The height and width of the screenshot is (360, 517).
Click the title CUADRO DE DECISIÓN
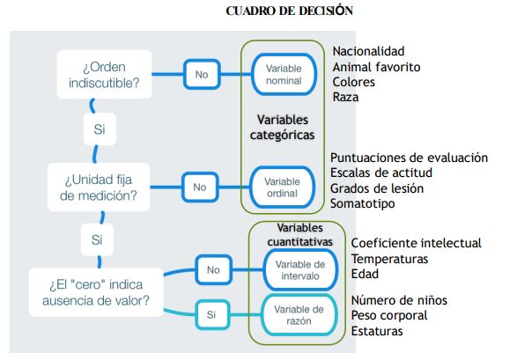[x=289, y=11]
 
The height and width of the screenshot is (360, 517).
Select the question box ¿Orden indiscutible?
[x=104, y=75]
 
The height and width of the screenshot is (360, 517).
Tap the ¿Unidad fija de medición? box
[x=99, y=187]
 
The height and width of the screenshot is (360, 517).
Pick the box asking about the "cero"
[x=96, y=292]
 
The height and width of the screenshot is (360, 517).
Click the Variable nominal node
[x=284, y=75]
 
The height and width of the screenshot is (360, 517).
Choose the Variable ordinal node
[x=282, y=187]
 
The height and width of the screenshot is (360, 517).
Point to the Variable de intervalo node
[x=300, y=269]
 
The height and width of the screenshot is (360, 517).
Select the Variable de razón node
[x=299, y=315]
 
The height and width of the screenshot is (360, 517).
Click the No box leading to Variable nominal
[x=202, y=75]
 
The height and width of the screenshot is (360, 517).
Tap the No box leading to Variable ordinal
[x=200, y=187]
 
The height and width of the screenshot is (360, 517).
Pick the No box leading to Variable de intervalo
[x=213, y=269]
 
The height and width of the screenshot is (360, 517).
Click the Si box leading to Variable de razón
[x=211, y=315]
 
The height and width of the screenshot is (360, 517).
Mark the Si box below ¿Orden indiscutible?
[x=100, y=129]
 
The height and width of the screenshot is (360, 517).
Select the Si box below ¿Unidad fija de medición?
[x=97, y=239]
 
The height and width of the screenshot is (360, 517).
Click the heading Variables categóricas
[x=282, y=127]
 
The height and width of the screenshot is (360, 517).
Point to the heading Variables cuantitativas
[x=299, y=234]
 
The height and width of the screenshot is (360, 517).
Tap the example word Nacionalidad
[x=368, y=51]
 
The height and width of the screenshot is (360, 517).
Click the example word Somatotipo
[x=362, y=203]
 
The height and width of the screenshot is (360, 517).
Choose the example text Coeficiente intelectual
[x=416, y=243]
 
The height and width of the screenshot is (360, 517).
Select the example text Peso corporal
[x=389, y=315]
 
